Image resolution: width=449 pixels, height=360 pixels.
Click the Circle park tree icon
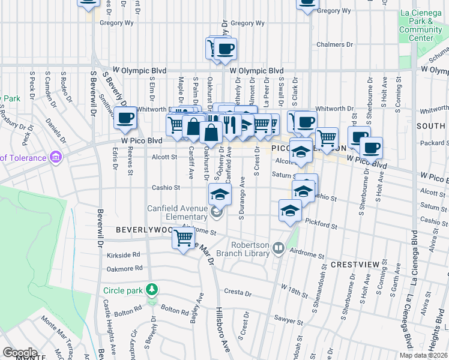click(x=153, y=290)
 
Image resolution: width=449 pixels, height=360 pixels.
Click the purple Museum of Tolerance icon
click(x=56, y=158)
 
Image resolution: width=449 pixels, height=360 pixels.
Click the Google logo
click(x=20, y=353)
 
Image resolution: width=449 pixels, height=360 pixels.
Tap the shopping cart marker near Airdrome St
click(x=183, y=238)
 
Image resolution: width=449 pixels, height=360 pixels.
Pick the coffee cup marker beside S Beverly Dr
click(x=125, y=118)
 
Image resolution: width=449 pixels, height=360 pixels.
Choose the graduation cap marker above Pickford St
click(x=290, y=211)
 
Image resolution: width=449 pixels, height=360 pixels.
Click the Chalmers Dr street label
click(x=334, y=44)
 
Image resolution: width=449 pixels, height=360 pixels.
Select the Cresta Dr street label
click(x=238, y=293)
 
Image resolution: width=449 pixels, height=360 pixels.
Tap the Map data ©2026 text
click(x=423, y=355)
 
